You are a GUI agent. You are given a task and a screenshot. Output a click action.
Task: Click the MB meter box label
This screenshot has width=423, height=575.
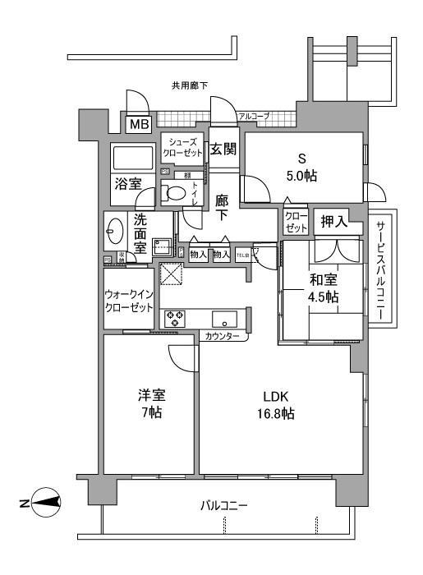coord(136,126)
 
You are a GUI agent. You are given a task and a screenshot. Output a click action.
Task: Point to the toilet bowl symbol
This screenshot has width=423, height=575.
coord(175,194)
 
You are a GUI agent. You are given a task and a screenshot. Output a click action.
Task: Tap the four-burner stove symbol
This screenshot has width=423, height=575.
coord(176,319)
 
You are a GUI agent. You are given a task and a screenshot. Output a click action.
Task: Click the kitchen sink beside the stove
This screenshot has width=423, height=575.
coord(223,319)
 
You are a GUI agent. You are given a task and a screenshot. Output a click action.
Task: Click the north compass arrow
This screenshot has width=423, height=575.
coord(48,501)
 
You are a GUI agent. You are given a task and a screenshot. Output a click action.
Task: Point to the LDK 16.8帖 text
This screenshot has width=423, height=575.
coord(277,403)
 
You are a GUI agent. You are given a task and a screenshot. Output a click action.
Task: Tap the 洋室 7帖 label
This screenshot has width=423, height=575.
coord(149,403)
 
